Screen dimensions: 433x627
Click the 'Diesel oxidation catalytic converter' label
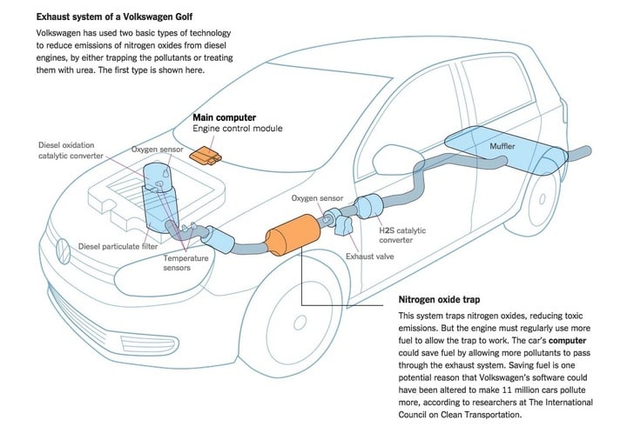pos(71,150)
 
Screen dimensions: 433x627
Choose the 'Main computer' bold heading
pos(223,116)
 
